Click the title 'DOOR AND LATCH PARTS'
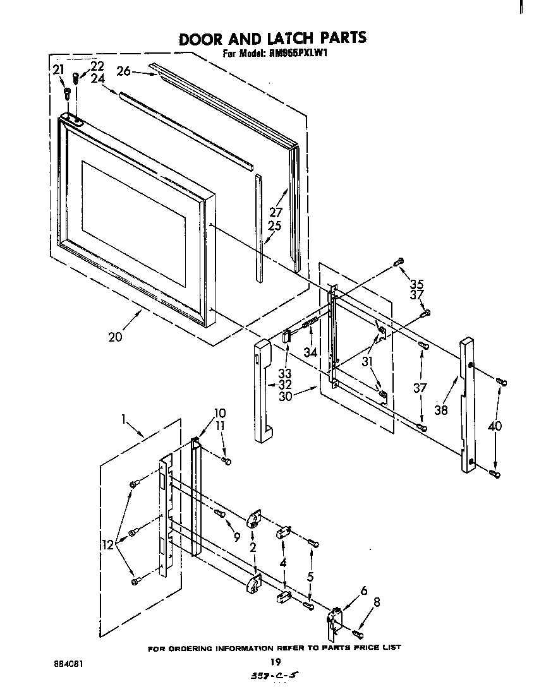(272, 39)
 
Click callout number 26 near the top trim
(123, 72)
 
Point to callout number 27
(276, 212)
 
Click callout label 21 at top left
(58, 70)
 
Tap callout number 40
(495, 426)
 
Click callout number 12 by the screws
(107, 544)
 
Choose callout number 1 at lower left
(124, 417)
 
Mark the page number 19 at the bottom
(274, 662)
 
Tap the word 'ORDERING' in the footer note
(196, 648)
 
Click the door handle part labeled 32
(262, 392)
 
